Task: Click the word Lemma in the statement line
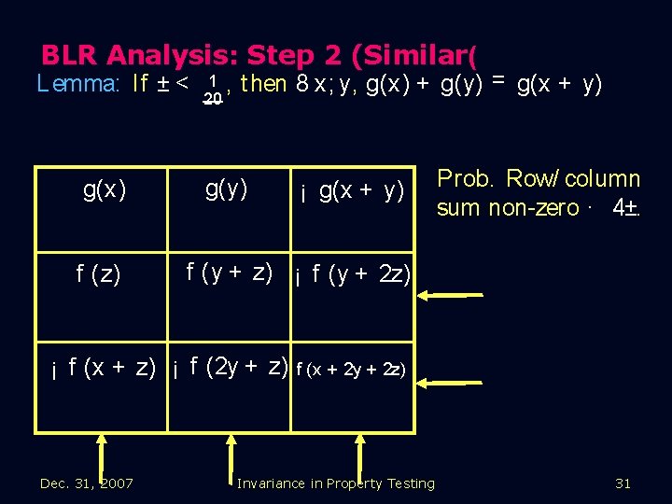(78, 84)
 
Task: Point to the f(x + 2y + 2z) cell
(350, 369)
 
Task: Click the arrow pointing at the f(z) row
(450, 295)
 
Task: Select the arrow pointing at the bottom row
(450, 382)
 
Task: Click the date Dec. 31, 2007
(87, 483)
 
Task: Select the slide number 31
(623, 483)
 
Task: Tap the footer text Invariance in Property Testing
(336, 483)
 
